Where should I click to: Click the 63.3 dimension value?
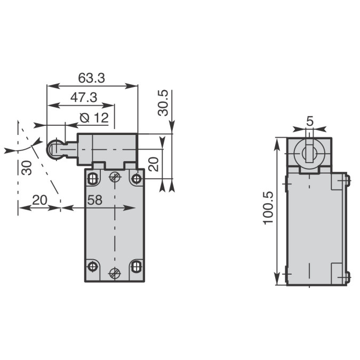pyautogui.click(x=91, y=78)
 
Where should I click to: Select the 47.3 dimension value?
pyautogui.click(x=84, y=98)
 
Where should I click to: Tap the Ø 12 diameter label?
pyautogui.click(x=94, y=118)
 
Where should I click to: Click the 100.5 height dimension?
pyautogui.click(x=268, y=208)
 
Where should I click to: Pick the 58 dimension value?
pyautogui.click(x=95, y=200)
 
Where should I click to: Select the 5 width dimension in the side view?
pyautogui.click(x=310, y=121)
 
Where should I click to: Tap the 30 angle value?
pyautogui.click(x=27, y=168)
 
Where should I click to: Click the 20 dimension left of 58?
pyautogui.click(x=39, y=200)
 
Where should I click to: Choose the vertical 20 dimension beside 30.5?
pyautogui.click(x=154, y=164)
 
